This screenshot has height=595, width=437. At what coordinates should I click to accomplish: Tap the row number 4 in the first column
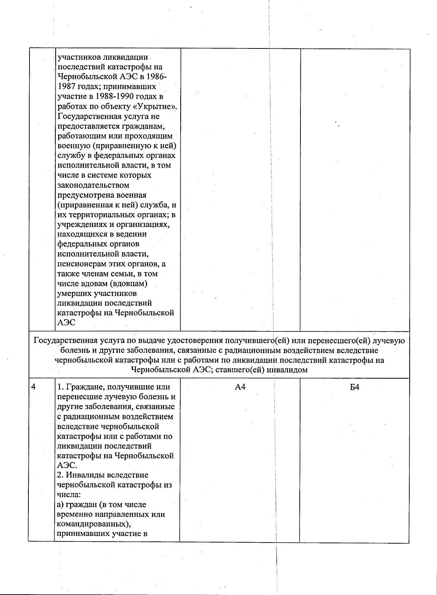coord(34,387)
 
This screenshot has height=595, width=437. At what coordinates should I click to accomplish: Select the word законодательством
coord(93,185)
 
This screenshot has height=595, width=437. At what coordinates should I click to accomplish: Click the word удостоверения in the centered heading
coord(195,341)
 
